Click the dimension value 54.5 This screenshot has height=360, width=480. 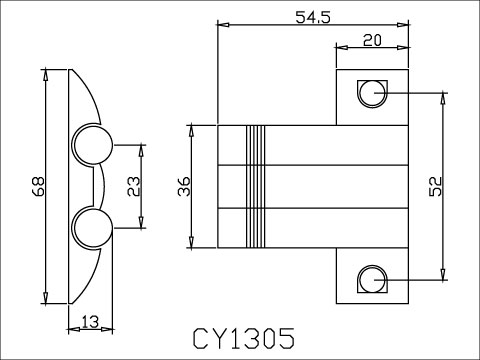313,14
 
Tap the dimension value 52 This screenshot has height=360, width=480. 433,186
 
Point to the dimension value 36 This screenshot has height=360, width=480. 183,187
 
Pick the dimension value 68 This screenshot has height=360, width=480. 37,187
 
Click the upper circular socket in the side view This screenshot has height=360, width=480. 91,145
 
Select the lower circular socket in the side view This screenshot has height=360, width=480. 91,227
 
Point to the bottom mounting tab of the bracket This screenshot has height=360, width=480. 372,277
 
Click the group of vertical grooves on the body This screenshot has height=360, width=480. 257,187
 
